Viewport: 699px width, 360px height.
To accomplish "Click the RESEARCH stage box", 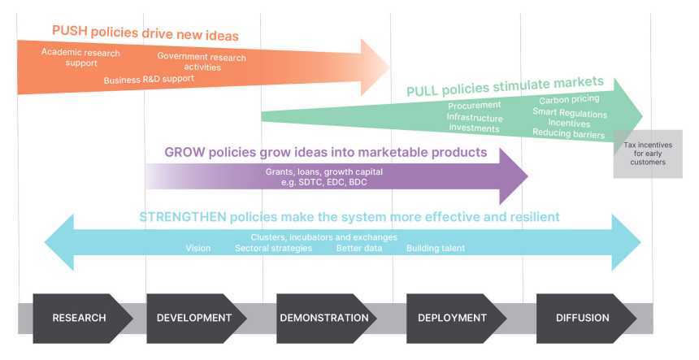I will [x=80, y=318].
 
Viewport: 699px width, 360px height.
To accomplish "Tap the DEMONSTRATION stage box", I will [x=324, y=318].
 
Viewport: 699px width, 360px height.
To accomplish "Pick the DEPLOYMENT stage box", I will [x=452, y=318].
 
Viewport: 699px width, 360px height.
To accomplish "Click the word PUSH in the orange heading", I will [x=70, y=31].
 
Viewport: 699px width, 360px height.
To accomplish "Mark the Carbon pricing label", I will [x=569, y=99].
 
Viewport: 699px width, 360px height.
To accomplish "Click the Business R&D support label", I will [x=149, y=79].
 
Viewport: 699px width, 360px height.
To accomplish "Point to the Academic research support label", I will [x=80, y=58].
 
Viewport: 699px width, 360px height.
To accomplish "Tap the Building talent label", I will [x=436, y=248].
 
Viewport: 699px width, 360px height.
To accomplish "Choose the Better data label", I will [x=359, y=248].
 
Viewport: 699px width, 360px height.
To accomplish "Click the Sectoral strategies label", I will [x=273, y=248].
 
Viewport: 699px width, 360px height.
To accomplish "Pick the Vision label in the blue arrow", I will [x=198, y=248].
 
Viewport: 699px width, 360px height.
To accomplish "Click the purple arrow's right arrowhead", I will [x=513, y=175].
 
